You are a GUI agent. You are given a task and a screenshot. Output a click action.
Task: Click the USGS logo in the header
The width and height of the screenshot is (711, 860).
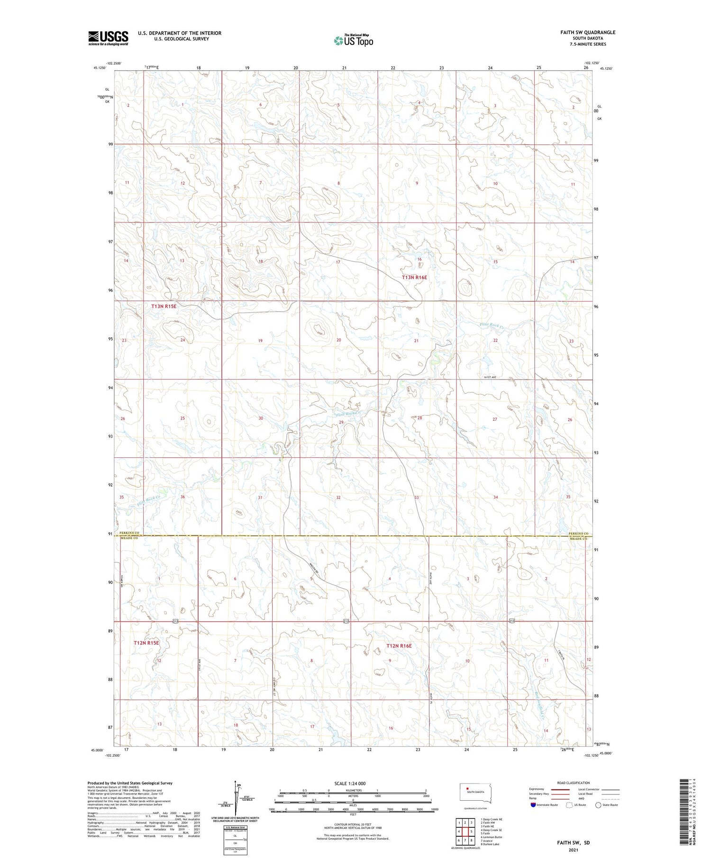point(108,38)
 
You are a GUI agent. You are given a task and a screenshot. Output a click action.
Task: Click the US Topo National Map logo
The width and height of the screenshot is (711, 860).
point(353,40)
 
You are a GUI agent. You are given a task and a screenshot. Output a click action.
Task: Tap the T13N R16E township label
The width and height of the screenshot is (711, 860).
point(414,277)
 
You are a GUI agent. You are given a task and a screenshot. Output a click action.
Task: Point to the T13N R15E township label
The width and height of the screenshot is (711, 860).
point(164,306)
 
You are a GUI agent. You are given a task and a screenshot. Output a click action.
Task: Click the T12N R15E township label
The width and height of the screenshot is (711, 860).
point(146,643)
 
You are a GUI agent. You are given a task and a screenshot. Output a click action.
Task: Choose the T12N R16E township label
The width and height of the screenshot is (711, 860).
point(399,646)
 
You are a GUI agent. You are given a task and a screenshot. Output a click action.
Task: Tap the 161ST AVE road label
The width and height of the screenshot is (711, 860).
point(490,377)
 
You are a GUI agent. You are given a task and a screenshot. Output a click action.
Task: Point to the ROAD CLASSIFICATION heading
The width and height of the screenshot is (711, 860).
point(574,783)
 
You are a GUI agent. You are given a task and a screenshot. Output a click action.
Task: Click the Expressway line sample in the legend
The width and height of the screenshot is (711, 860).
point(560,789)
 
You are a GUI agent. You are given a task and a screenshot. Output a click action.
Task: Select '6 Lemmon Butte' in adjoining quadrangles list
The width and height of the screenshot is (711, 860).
point(491,837)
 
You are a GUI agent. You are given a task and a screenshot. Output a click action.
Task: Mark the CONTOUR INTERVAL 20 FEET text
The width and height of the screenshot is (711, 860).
point(353,824)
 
